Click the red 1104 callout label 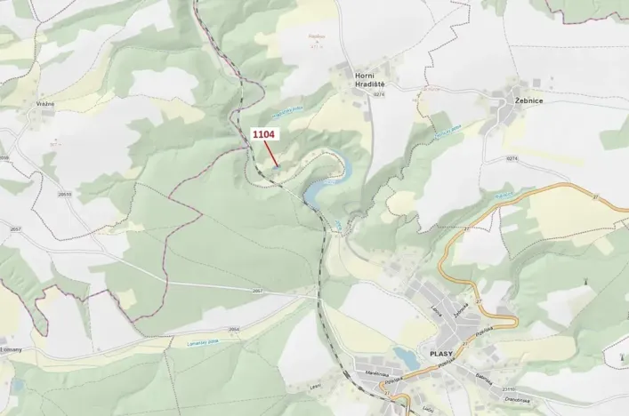click(x=264, y=134)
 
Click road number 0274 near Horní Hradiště click(x=380, y=93)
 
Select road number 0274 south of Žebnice click(x=512, y=158)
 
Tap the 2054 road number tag click(x=234, y=328)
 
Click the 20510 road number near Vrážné click(x=64, y=193)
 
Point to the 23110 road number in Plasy click(x=510, y=388)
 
